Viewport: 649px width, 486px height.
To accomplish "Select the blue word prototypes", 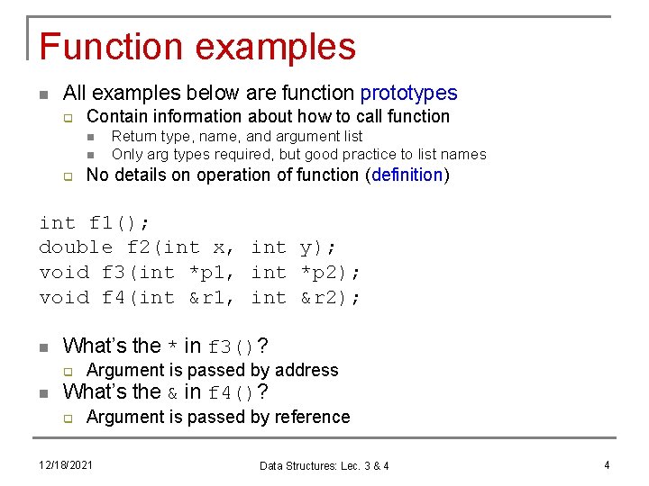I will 408,93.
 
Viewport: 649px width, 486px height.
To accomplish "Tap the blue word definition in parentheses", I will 407,175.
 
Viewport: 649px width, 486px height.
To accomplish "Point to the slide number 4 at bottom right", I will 607,464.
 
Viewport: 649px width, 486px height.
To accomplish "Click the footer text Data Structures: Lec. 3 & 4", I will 324,465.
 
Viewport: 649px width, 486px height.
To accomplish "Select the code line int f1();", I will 95,221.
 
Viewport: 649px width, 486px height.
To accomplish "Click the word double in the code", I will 76,247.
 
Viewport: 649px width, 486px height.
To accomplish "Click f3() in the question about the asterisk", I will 232,346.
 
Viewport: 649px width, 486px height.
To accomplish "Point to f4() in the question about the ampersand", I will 232,392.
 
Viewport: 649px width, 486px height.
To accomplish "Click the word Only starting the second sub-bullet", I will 127,154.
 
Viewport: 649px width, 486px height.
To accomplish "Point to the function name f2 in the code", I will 138,247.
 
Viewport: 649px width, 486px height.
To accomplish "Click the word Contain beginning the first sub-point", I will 117,116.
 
